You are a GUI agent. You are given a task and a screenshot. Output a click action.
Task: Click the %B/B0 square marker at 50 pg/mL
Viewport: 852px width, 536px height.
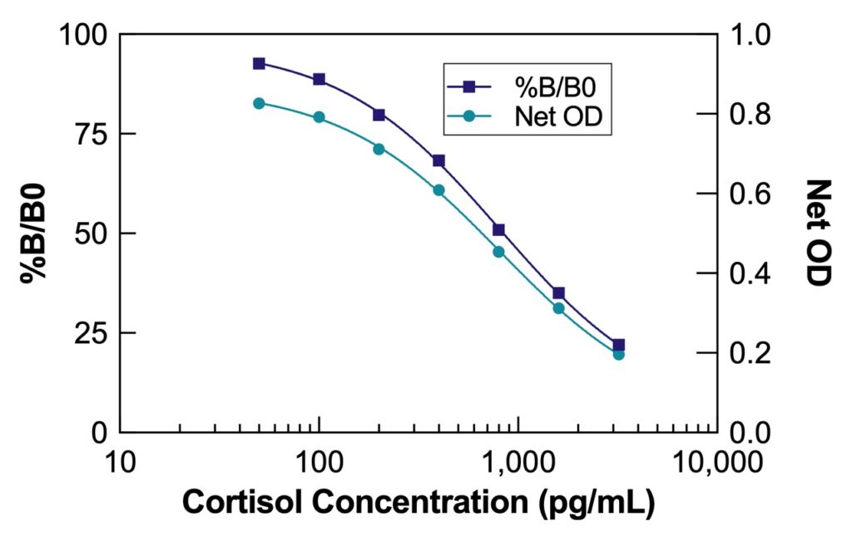[260, 63]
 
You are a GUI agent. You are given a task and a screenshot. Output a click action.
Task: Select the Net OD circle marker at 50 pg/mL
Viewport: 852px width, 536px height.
[260, 103]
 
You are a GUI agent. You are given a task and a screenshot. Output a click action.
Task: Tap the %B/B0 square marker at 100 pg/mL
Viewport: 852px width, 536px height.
[319, 79]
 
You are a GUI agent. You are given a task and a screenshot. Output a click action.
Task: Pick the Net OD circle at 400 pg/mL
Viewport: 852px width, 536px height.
[438, 190]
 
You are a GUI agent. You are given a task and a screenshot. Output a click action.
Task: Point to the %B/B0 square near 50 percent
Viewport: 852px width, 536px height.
[498, 229]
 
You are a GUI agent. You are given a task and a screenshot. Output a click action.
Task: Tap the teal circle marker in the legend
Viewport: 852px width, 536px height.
[469, 117]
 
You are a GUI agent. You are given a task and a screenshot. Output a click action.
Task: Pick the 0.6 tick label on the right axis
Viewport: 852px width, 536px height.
[750, 194]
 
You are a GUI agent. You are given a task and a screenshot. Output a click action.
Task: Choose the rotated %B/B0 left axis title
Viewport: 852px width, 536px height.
[33, 234]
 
